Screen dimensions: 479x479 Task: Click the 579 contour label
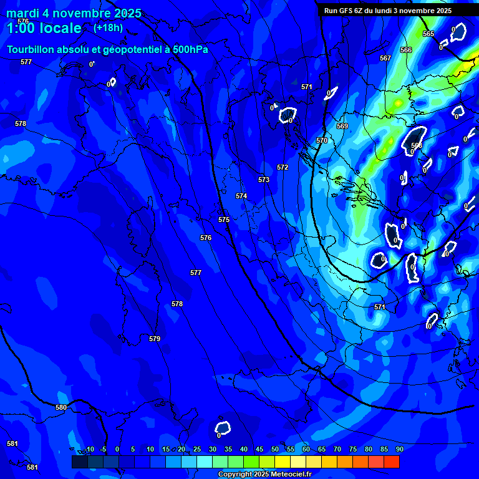click(155, 339)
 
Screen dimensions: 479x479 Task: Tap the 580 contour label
click(61, 407)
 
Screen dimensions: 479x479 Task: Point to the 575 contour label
click(224, 220)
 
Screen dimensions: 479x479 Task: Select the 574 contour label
click(241, 196)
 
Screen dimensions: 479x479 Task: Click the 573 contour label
click(264, 180)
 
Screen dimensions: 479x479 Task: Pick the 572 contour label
click(283, 167)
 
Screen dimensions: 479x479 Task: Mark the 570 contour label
click(322, 140)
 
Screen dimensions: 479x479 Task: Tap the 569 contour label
click(342, 126)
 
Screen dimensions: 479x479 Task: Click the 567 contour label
click(385, 58)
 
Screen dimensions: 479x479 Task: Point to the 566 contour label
click(406, 50)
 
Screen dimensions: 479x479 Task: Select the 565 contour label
click(428, 34)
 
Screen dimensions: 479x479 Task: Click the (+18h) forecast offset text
click(108, 27)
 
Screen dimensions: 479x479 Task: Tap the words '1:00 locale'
click(44, 28)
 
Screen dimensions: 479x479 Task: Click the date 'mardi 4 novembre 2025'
click(74, 13)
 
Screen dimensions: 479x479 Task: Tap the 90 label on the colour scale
click(399, 449)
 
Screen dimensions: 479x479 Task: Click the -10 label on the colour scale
click(89, 449)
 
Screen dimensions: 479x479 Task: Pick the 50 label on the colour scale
click(274, 449)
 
